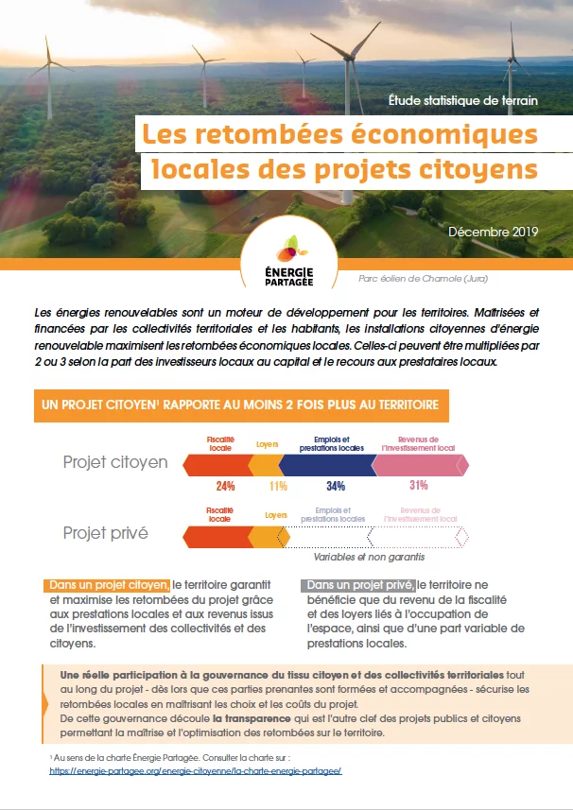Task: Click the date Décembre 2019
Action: pyautogui.click(x=493, y=232)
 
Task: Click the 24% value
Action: pyautogui.click(x=225, y=486)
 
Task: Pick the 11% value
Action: pyautogui.click(x=278, y=486)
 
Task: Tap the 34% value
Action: pyautogui.click(x=336, y=486)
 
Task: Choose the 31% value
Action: pyautogui.click(x=419, y=486)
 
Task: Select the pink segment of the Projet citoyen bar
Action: pyautogui.click(x=418, y=464)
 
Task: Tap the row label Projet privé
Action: pyautogui.click(x=105, y=533)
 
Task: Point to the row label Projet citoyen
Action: pyautogui.click(x=115, y=462)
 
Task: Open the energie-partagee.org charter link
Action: pyautogui.click(x=195, y=770)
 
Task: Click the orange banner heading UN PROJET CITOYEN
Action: pyautogui.click(x=240, y=405)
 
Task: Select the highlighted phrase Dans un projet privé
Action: pyautogui.click(x=360, y=585)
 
